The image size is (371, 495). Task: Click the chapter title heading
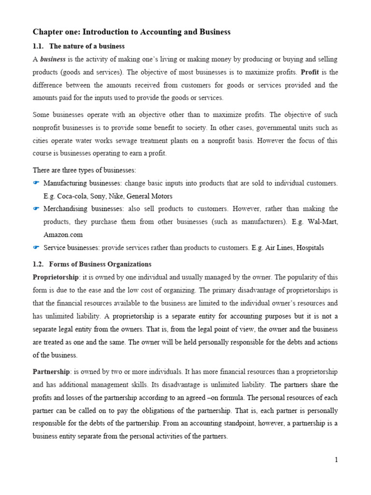(131, 32)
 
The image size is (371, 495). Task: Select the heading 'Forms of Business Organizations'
(100, 264)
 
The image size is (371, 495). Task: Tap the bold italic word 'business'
(52, 59)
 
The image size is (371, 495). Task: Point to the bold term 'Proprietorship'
(56, 277)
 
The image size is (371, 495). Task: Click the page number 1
(336, 460)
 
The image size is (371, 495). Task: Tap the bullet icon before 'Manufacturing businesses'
(36, 183)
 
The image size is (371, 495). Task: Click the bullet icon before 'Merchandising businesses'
(36, 209)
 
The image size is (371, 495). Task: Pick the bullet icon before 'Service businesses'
(36, 247)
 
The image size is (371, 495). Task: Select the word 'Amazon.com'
(63, 235)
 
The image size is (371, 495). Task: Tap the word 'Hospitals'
(310, 247)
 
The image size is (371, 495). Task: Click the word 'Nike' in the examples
(116, 196)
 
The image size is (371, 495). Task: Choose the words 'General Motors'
(149, 196)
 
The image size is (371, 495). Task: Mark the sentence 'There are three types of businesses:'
(84, 170)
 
